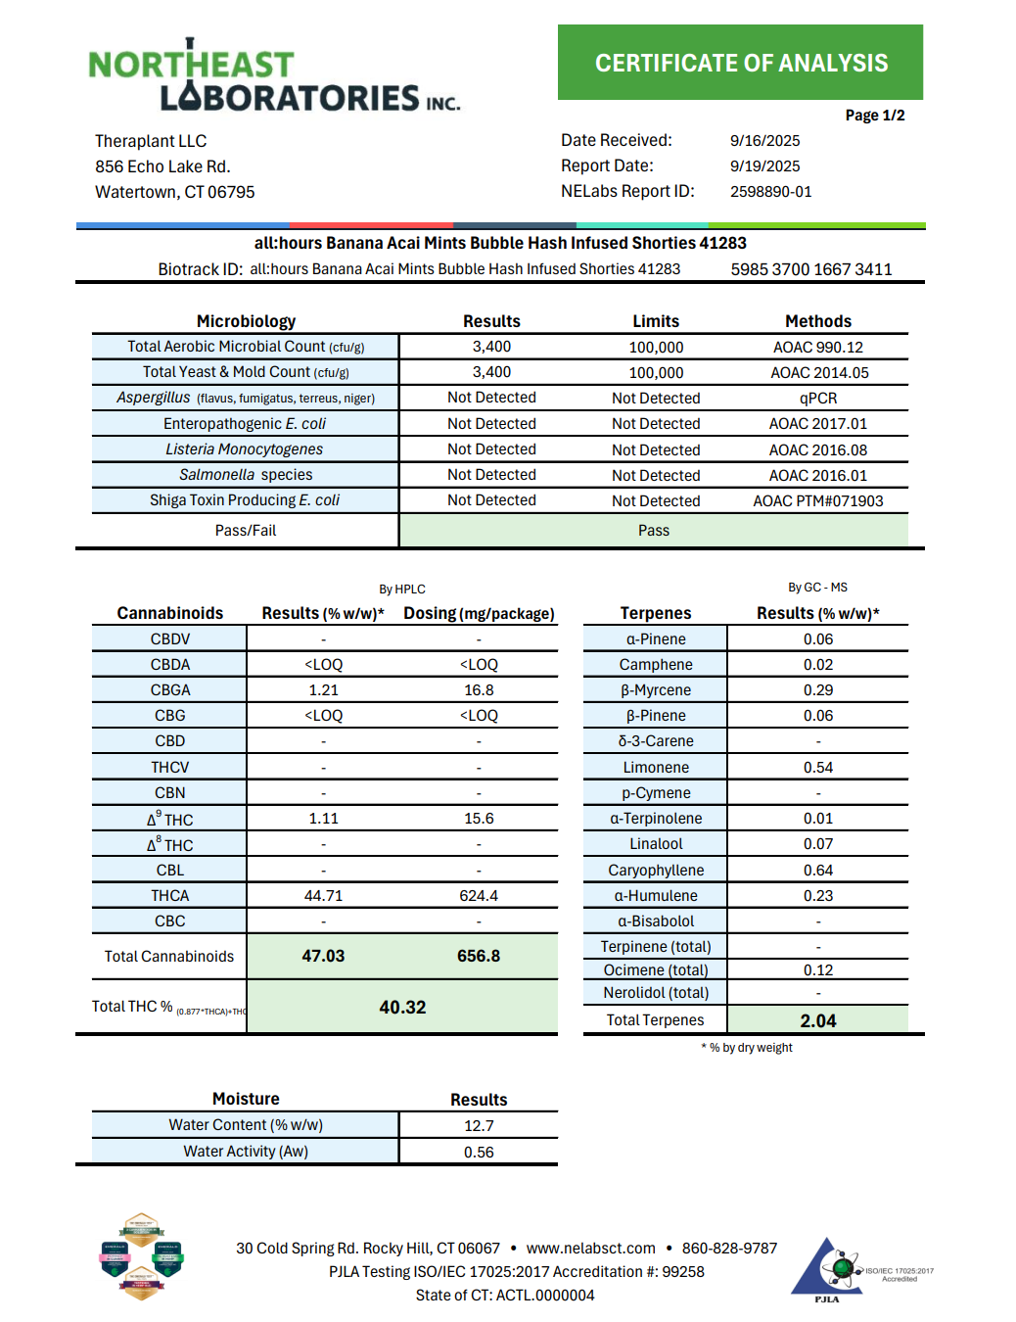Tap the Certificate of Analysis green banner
(x=740, y=63)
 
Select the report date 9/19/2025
(x=764, y=166)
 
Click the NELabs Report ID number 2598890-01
(x=770, y=192)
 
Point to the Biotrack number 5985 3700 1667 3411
(x=810, y=269)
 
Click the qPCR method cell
(x=817, y=399)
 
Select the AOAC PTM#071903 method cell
(x=817, y=501)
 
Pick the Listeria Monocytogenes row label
(x=244, y=449)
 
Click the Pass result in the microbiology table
(x=653, y=531)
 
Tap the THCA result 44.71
(x=323, y=896)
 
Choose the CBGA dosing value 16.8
(x=479, y=690)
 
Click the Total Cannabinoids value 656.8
(x=479, y=956)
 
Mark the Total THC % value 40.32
(x=402, y=1008)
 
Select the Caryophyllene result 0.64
(x=817, y=871)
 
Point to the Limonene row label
(x=655, y=768)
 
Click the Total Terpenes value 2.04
(x=817, y=1020)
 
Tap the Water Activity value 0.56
(x=479, y=1153)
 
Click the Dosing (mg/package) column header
(x=479, y=614)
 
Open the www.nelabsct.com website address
(x=590, y=1249)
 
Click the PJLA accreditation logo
(x=827, y=1271)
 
